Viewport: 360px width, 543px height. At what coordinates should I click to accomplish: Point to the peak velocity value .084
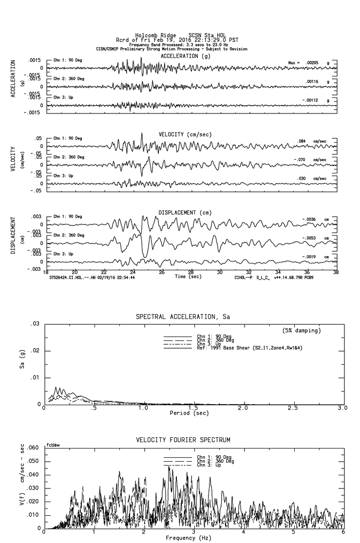point(302,141)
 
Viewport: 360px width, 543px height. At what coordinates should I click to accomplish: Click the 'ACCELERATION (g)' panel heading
point(186,56)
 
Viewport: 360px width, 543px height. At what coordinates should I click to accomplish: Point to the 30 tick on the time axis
point(220,272)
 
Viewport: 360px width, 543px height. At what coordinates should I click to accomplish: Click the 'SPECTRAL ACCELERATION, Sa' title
point(183,317)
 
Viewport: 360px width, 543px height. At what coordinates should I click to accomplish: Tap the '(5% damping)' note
point(302,331)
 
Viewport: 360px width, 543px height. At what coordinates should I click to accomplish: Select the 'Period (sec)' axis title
point(188,413)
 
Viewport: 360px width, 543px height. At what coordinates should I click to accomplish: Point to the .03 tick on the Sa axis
point(35,324)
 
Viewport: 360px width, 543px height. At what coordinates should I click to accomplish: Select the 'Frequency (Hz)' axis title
point(188,538)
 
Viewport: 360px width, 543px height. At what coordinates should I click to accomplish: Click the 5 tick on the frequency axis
point(294,532)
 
